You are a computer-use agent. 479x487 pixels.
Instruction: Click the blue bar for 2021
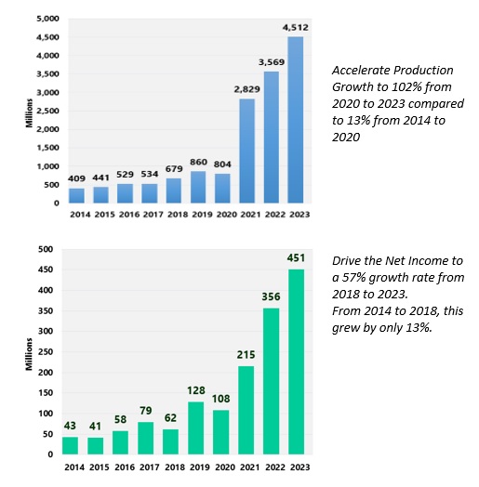click(246, 151)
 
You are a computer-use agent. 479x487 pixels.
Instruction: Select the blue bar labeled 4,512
click(295, 120)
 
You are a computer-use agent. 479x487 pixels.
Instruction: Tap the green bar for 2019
click(196, 428)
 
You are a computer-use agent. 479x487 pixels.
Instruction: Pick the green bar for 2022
click(271, 381)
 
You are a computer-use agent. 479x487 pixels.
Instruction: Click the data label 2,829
click(246, 89)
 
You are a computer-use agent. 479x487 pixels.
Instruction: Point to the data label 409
click(76, 178)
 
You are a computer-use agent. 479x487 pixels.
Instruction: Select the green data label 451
click(296, 257)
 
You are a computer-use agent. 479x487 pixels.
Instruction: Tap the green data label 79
click(146, 411)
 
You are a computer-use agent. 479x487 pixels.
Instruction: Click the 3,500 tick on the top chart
click(47, 74)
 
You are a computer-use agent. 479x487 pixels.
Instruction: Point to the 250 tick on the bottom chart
click(46, 351)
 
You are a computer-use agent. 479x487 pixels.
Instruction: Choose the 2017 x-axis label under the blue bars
click(153, 215)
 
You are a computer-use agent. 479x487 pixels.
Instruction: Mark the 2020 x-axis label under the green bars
click(225, 467)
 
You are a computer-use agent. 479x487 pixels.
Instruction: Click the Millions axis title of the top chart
click(29, 113)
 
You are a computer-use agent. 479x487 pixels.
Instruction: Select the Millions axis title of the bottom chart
click(29, 354)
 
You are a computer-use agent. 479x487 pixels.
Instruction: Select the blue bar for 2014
click(76, 196)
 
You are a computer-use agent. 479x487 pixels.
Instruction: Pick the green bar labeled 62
click(170, 441)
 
